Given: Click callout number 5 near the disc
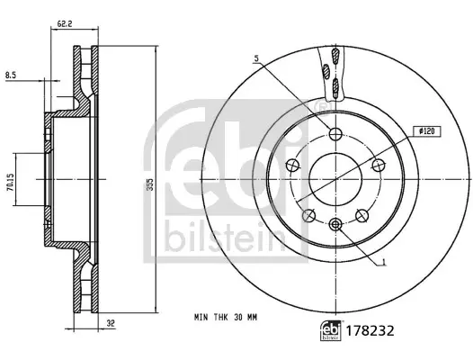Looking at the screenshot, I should pos(257,59).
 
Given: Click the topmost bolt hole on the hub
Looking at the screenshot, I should pos(335,135).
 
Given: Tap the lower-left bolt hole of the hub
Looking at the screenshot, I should pos(309,214).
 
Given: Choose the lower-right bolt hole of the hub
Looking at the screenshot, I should pos(361,214).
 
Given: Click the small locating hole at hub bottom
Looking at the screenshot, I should pos(335,224).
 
